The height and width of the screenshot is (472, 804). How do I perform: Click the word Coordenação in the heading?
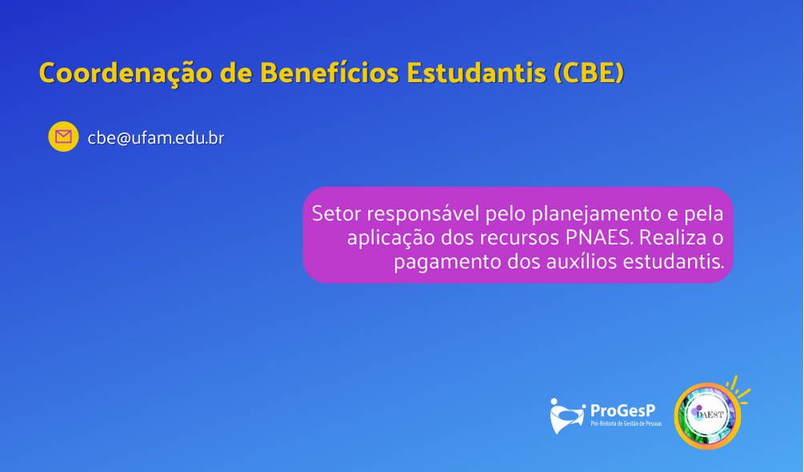point(126,73)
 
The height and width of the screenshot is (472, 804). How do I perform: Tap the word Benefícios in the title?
point(329,73)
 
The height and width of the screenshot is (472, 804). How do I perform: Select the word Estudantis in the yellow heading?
point(476,73)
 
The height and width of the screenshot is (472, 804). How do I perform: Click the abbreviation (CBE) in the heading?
point(589,73)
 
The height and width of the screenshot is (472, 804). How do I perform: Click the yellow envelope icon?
point(63,136)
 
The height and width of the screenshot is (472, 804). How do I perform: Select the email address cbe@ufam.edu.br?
point(156,138)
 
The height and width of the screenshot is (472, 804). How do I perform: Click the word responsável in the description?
point(423,214)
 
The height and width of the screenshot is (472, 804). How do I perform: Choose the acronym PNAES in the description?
point(600,238)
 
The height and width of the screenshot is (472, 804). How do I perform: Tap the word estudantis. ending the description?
point(673,262)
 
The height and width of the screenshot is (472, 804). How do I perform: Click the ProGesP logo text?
point(622,410)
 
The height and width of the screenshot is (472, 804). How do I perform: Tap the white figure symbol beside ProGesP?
point(567,416)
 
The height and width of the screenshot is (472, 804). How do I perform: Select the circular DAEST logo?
point(708,416)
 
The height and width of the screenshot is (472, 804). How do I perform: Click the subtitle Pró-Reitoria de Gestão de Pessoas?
point(626,424)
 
